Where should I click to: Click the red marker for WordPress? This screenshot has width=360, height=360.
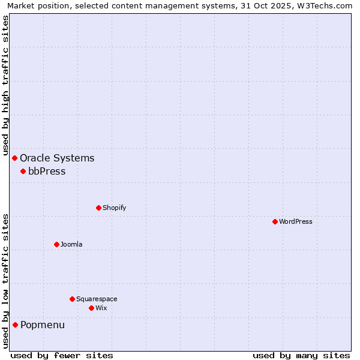(x=275, y=221)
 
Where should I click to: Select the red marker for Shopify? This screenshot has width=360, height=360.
(x=98, y=208)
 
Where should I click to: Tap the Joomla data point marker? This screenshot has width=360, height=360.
(x=56, y=244)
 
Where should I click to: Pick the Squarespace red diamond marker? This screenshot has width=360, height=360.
(x=72, y=299)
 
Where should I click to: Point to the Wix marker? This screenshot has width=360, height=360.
(x=91, y=308)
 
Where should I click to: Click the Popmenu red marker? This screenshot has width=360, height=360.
(x=15, y=325)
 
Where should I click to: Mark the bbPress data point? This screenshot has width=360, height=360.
(x=23, y=171)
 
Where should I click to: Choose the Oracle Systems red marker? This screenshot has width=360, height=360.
(x=15, y=158)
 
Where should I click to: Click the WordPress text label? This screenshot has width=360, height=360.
(x=296, y=221)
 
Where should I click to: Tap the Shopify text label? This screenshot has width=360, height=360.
(x=114, y=208)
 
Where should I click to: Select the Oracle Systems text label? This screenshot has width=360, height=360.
(x=57, y=158)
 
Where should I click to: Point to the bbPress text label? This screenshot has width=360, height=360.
(x=47, y=171)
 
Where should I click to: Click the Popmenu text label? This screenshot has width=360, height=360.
(x=43, y=325)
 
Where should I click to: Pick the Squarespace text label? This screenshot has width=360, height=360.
(x=97, y=299)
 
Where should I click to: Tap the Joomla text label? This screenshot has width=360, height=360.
(x=71, y=244)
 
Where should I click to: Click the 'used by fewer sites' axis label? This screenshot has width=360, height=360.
(x=62, y=355)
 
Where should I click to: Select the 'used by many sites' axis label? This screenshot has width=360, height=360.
(x=301, y=355)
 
